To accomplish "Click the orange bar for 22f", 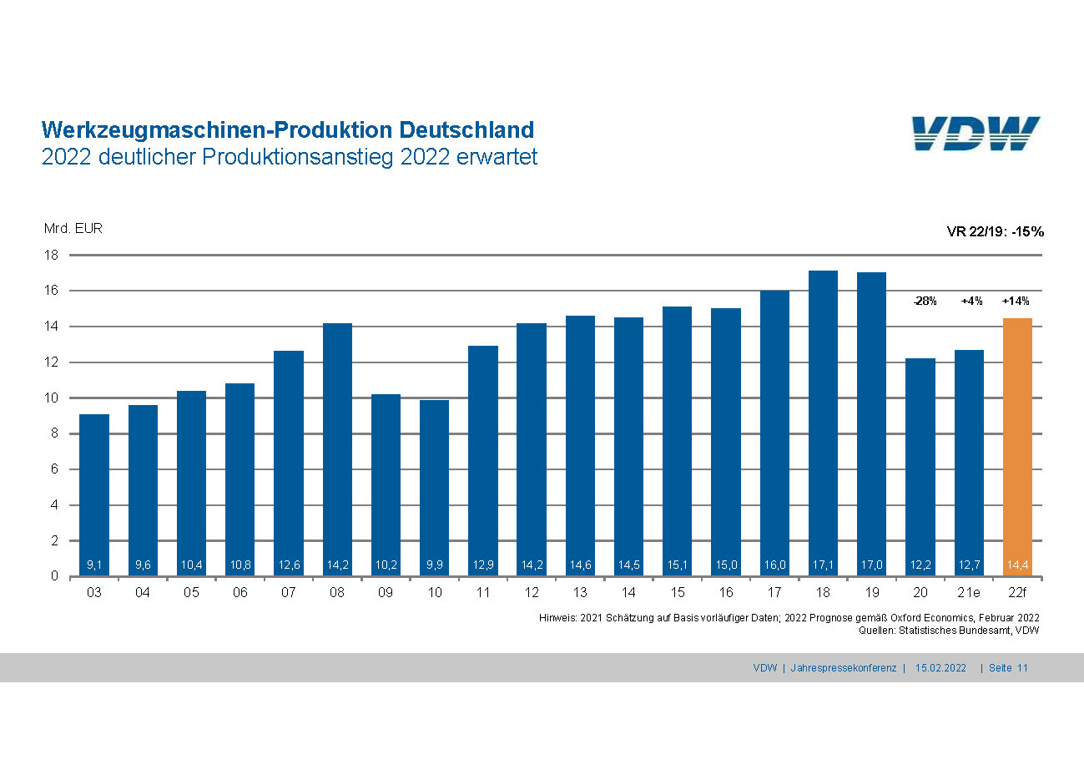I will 1017,447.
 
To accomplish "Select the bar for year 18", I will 823,423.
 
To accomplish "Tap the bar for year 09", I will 386,484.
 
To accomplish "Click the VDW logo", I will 976,134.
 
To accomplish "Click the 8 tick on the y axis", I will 53,433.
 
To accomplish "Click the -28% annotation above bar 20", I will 924,301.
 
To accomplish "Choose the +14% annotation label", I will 1016,301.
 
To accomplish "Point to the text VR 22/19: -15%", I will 995,231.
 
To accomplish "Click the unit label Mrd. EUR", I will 73,228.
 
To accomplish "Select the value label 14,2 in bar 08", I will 337,565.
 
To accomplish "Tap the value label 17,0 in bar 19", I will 871,565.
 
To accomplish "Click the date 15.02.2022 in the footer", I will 940,668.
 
